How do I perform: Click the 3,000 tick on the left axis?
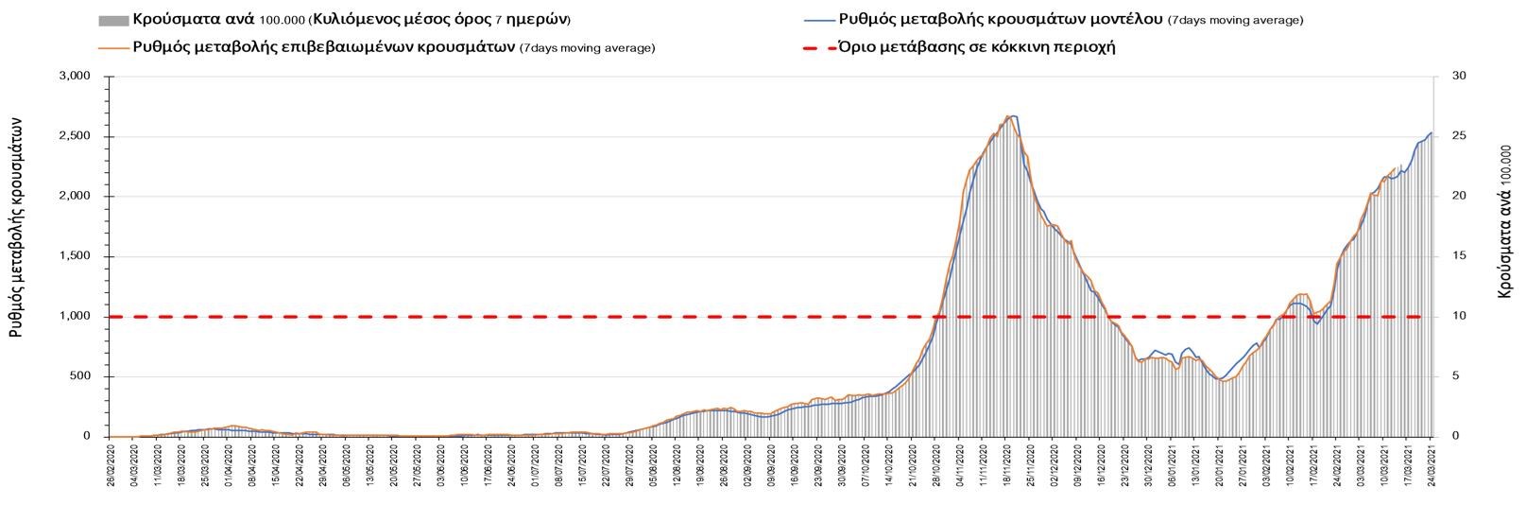[76, 77]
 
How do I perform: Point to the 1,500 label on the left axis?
[76, 256]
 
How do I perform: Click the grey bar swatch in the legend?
[112, 20]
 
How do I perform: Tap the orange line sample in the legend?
[112, 46]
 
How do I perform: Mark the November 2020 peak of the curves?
[1009, 116]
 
